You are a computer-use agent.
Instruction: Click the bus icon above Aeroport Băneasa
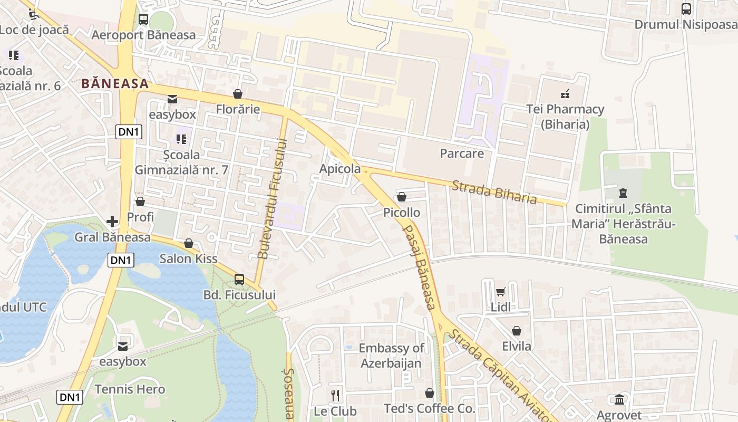click(143, 20)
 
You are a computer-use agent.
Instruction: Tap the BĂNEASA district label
click(115, 83)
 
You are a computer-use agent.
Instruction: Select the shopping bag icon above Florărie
click(238, 94)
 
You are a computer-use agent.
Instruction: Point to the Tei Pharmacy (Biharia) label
click(565, 117)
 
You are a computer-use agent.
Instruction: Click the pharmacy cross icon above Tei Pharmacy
click(565, 94)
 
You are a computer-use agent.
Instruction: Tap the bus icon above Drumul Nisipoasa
click(686, 8)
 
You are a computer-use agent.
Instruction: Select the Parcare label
click(462, 154)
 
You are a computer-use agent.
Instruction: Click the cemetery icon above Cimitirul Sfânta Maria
click(623, 193)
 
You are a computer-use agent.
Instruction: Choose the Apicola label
click(340, 169)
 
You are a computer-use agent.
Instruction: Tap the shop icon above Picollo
click(402, 197)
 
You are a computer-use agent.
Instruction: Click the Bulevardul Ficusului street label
click(271, 198)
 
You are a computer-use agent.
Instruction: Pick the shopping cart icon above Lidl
click(500, 292)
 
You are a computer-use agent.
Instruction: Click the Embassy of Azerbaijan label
click(391, 356)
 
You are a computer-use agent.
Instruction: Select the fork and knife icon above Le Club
click(335, 395)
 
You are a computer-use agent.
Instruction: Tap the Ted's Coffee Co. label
click(429, 408)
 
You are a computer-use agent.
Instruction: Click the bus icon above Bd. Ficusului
click(239, 279)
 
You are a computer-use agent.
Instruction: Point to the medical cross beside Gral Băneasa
click(112, 222)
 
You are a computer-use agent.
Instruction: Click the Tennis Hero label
click(130, 389)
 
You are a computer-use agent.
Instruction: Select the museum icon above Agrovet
click(619, 399)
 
